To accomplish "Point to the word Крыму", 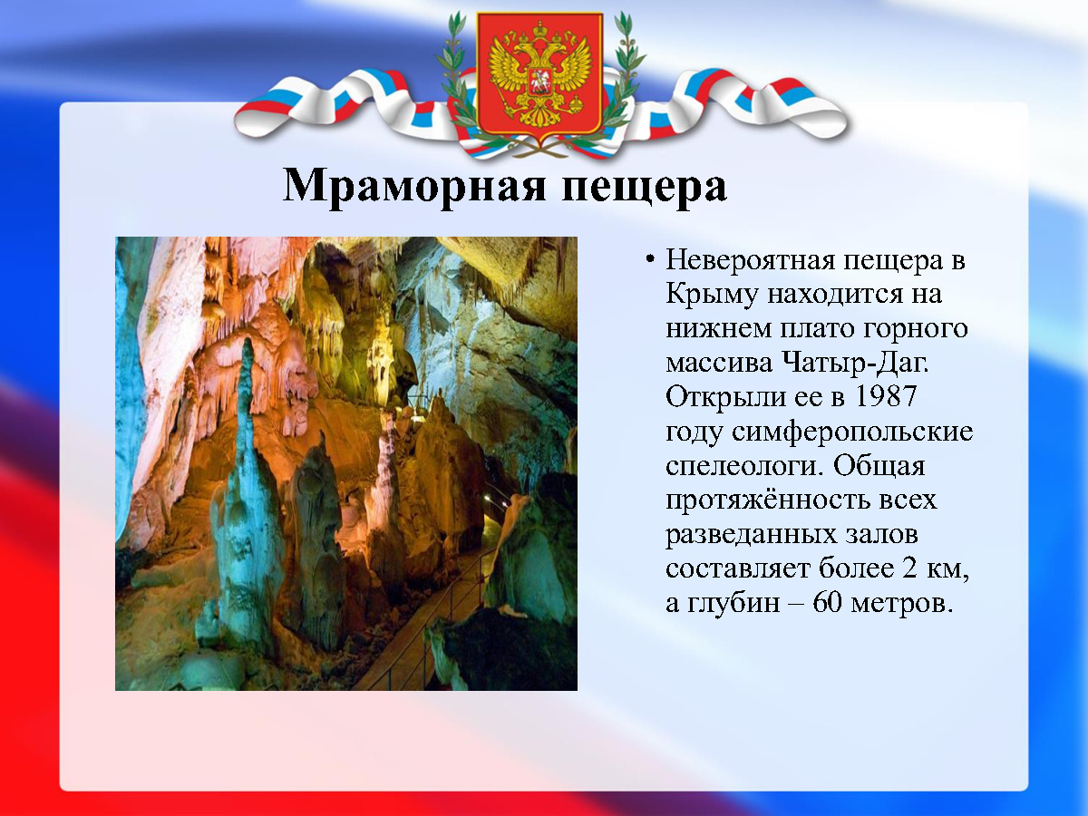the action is pos(712,296).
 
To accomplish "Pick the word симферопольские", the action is pos(852,432).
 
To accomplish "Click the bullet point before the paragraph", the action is pos(650,259).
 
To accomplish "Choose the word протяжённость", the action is pos(767,500).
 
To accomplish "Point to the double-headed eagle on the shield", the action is pos(540,74).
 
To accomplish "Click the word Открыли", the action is pos(725,397).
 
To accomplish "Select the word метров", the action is pos(901,604).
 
